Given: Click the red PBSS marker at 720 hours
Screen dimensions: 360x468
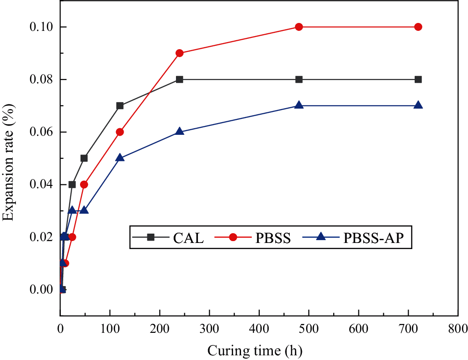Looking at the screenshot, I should [x=418, y=27].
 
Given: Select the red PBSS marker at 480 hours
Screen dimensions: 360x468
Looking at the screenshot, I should [x=299, y=27].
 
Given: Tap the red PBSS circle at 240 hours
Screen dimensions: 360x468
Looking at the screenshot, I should [x=179, y=53].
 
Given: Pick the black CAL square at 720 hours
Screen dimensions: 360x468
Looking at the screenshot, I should [x=418, y=79].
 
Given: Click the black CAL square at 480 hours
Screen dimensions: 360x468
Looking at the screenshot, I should [x=299, y=79].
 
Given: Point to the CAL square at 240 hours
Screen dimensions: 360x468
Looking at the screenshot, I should [x=179, y=79].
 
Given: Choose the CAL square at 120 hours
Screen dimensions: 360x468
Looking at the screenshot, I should [x=120, y=106].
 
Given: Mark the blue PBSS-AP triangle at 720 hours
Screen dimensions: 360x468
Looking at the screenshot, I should [x=418, y=105].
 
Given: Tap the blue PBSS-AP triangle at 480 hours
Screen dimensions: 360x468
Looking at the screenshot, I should [x=299, y=105].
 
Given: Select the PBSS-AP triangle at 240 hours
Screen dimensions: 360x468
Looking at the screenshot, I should [x=179, y=132].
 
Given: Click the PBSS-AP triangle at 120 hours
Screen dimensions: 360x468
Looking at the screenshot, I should [x=120, y=158].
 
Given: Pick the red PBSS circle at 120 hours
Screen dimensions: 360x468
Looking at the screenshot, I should [x=120, y=132].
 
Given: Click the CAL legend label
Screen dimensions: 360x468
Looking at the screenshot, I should [x=189, y=238].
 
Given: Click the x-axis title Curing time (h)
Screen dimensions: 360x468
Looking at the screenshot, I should [x=255, y=350].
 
